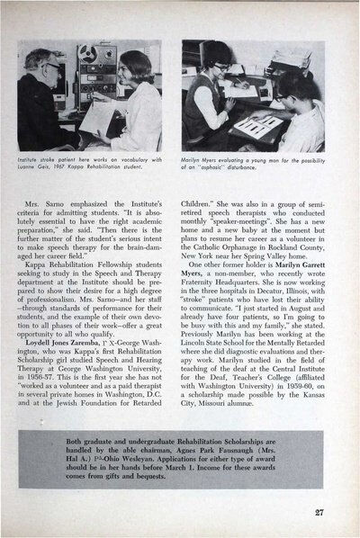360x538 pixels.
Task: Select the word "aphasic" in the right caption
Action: pos(239,168)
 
